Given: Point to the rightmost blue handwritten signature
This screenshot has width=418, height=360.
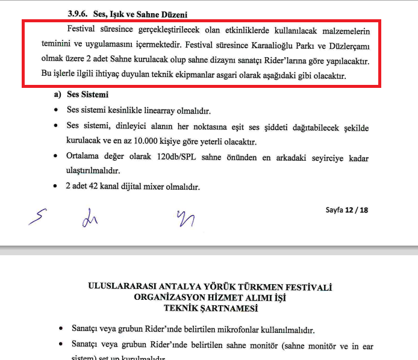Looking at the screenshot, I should click(x=185, y=218).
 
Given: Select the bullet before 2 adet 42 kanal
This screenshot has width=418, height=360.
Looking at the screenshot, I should click(x=56, y=187).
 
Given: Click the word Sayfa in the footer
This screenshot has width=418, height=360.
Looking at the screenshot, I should click(x=334, y=210).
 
